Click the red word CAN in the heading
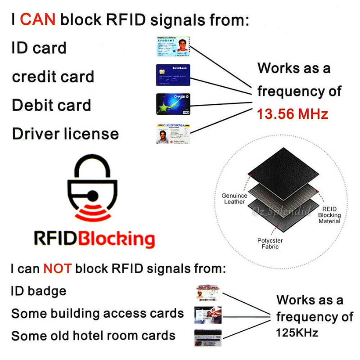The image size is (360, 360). (38, 19)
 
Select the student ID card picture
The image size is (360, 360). (173, 46)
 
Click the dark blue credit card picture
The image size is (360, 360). (173, 75)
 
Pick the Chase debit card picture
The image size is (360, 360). (173, 104)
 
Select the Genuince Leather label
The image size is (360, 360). (234, 198)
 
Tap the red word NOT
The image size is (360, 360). (57, 269)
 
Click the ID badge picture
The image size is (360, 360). (208, 293)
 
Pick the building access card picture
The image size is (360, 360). (207, 315)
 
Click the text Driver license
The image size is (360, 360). (65, 134)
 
